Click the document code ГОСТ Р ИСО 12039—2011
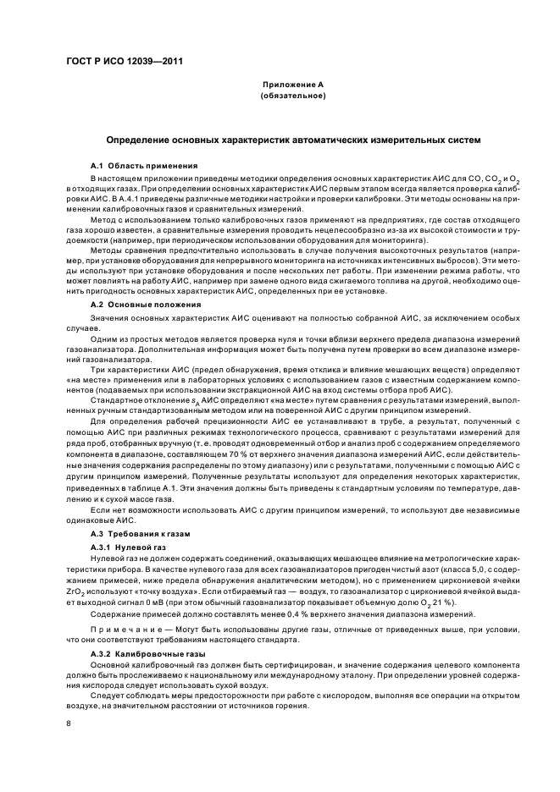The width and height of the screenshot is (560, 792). click(124, 62)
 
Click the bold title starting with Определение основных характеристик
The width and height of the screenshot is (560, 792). click(292, 140)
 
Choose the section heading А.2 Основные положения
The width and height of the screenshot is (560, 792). click(146, 304)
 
